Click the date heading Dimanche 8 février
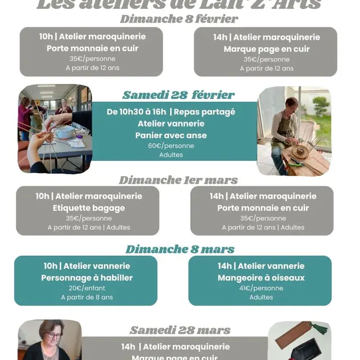coord(179,19)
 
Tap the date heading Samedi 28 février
coord(178,94)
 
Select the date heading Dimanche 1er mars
coord(178,180)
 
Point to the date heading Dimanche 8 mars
coord(180,249)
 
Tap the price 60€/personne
coord(171,146)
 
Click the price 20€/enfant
coord(87,288)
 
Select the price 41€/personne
coord(261,288)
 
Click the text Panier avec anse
coord(171,135)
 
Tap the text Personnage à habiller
coord(87,277)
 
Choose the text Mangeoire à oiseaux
coord(261,277)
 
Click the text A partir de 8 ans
coord(87,297)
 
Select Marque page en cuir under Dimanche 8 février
coord(266,49)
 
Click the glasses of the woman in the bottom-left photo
coord(54,335)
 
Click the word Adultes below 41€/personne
coord(261,297)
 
